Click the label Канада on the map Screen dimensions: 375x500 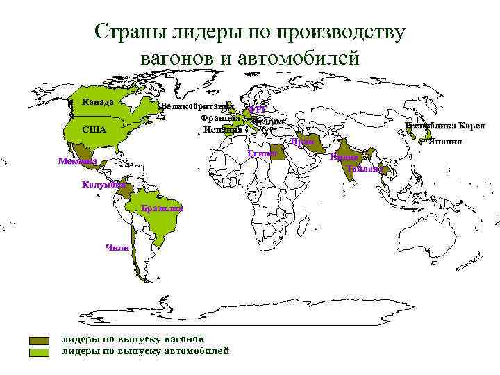point(97,103)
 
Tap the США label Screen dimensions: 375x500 point(94,130)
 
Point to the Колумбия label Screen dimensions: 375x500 point(103,185)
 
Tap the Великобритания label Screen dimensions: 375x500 point(194,107)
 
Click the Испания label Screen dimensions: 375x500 point(223,130)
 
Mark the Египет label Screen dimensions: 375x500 point(262,153)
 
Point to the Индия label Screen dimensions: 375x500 point(344,158)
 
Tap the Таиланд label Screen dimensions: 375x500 point(365,169)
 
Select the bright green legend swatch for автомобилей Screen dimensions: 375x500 point(40,352)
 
